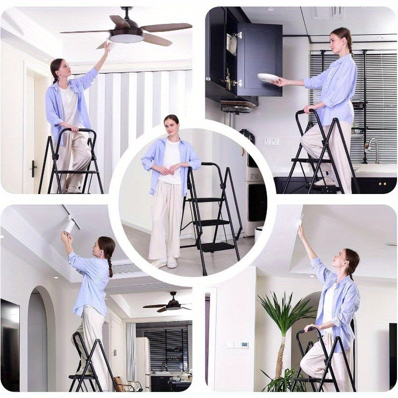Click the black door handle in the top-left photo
tap(33, 169)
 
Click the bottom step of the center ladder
tap(217, 246)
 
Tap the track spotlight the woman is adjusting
tap(69, 226)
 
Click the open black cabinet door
tap(259, 60)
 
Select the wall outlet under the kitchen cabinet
tap(271, 141)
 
